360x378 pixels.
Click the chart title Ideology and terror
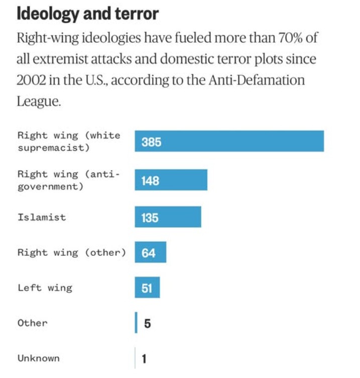click(87, 14)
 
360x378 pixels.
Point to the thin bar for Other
click(136, 323)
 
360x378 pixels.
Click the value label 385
click(151, 142)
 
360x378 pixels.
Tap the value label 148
click(150, 180)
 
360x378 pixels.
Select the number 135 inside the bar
click(150, 218)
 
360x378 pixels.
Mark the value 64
click(149, 253)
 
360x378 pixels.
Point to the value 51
click(147, 289)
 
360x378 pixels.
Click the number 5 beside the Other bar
click(147, 323)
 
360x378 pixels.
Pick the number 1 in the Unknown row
click(144, 359)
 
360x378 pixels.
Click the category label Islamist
click(42, 218)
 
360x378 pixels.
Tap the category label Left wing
click(45, 288)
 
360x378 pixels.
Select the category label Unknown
click(39, 358)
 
